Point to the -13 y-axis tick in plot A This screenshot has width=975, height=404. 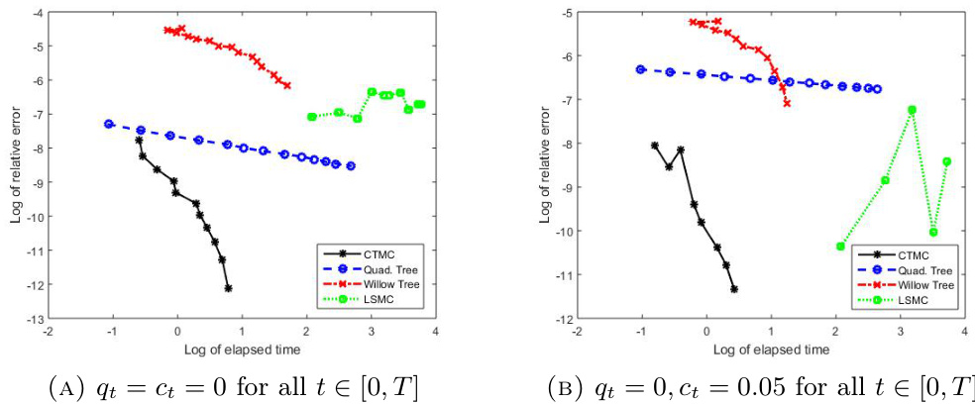[x=35, y=320]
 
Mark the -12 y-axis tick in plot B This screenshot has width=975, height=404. [x=564, y=319]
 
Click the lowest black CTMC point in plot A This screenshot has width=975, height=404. [x=229, y=288]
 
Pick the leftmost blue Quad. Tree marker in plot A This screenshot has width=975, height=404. [x=109, y=124]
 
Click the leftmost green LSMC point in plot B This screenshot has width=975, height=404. [x=840, y=246]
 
